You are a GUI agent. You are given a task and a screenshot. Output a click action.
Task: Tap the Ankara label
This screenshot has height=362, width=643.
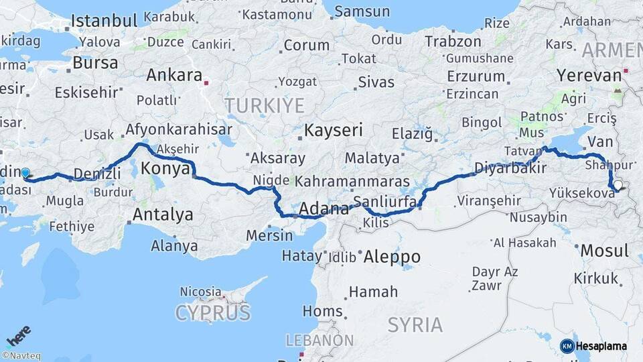pyautogui.click(x=174, y=74)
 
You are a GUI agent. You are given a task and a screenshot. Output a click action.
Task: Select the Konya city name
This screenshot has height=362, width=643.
pyautogui.click(x=165, y=168)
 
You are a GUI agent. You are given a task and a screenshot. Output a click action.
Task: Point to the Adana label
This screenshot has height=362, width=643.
pyautogui.click(x=324, y=208)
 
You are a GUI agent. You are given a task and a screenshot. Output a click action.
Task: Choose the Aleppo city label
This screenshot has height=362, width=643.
pyautogui.click(x=392, y=257)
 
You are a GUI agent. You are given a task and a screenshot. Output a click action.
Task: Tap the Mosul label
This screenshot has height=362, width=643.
pyautogui.click(x=604, y=251)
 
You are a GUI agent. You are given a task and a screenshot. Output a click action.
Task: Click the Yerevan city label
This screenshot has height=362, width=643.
pyautogui.click(x=589, y=75)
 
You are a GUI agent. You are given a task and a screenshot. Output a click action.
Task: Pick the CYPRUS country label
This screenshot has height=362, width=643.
pyautogui.click(x=213, y=312)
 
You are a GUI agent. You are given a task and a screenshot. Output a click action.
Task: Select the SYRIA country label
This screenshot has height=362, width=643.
pyautogui.click(x=415, y=325)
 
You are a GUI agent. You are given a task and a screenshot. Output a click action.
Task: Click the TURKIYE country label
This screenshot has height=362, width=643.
pyautogui.click(x=264, y=105)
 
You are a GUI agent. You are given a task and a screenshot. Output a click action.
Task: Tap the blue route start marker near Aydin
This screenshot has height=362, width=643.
pyautogui.click(x=25, y=173)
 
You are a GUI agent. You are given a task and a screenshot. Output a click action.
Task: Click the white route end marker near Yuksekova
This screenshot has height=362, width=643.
pyautogui.click(x=617, y=186)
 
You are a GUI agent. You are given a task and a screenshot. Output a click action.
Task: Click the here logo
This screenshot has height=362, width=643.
pyautogui.click(x=19, y=336)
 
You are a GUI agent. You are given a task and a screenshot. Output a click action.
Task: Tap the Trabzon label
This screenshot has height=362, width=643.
pyautogui.click(x=453, y=41)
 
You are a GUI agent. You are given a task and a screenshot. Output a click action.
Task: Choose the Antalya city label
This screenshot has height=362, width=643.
pyautogui.click(x=163, y=215)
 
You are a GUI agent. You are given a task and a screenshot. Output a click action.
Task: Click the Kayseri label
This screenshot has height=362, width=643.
pyautogui.click(x=334, y=130)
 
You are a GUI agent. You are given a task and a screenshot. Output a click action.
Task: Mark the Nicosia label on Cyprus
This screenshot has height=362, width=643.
pyautogui.click(x=200, y=292)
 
